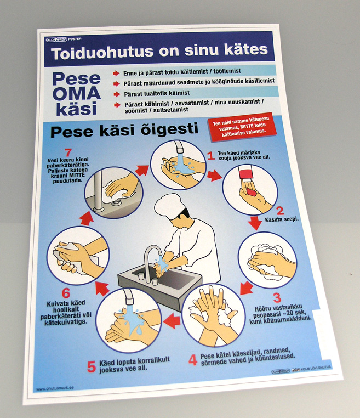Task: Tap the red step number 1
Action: click(210, 156)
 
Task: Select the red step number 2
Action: click(279, 210)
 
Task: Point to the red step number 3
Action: click(277, 298)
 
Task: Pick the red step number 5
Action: click(91, 367)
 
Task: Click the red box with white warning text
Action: click(239, 128)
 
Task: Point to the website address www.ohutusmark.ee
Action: click(55, 389)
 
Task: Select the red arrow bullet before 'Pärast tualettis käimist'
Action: click(116, 93)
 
